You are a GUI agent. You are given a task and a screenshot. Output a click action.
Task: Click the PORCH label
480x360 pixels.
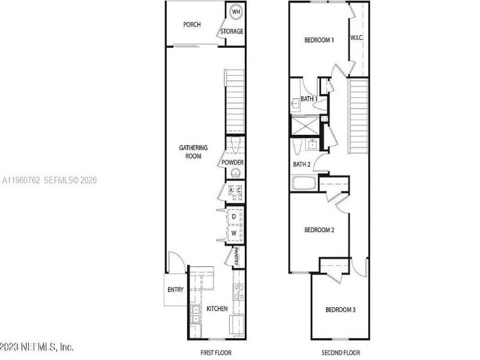192,25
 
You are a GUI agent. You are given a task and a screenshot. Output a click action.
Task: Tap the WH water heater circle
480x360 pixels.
236,12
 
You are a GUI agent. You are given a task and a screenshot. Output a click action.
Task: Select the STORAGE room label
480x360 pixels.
232,31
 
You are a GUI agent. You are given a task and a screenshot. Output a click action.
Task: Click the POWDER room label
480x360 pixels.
232,163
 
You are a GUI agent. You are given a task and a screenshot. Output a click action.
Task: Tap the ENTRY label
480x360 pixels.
175,290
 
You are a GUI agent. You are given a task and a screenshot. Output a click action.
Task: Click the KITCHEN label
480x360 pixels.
217,308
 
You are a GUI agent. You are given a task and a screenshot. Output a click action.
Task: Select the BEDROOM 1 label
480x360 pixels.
319,40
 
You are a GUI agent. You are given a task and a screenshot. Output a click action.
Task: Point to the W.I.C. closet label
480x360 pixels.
357,37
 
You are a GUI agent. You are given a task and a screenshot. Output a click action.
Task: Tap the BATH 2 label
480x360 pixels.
301,164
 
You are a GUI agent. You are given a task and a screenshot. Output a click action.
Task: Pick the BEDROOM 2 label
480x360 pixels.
319,230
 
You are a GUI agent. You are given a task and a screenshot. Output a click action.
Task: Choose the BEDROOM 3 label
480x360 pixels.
340,310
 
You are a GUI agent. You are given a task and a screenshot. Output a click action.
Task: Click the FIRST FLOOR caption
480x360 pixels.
216,353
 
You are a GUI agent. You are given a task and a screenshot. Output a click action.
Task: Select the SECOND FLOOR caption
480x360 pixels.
340,353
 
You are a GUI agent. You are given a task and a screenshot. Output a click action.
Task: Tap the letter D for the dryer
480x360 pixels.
233,216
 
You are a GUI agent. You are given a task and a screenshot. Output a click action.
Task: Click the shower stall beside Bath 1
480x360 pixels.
305,126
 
